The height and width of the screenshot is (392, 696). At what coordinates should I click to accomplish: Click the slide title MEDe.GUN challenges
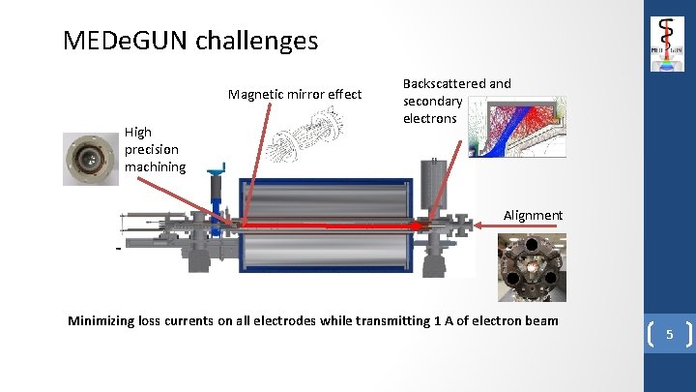click(189, 41)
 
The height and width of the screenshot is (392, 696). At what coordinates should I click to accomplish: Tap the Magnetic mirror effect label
click(294, 94)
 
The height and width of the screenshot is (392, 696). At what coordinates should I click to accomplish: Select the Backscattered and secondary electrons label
click(456, 101)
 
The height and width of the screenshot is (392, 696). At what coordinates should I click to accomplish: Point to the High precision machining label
click(155, 148)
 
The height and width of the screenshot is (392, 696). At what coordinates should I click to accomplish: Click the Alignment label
click(533, 215)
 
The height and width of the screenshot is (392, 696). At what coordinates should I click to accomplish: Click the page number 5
click(668, 336)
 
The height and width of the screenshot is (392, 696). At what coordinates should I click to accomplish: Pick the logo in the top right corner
click(668, 44)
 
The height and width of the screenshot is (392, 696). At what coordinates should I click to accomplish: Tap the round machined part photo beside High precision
click(91, 158)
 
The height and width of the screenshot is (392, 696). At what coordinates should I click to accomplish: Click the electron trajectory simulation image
click(517, 127)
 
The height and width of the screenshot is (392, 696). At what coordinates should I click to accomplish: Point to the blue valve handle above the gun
click(218, 172)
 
